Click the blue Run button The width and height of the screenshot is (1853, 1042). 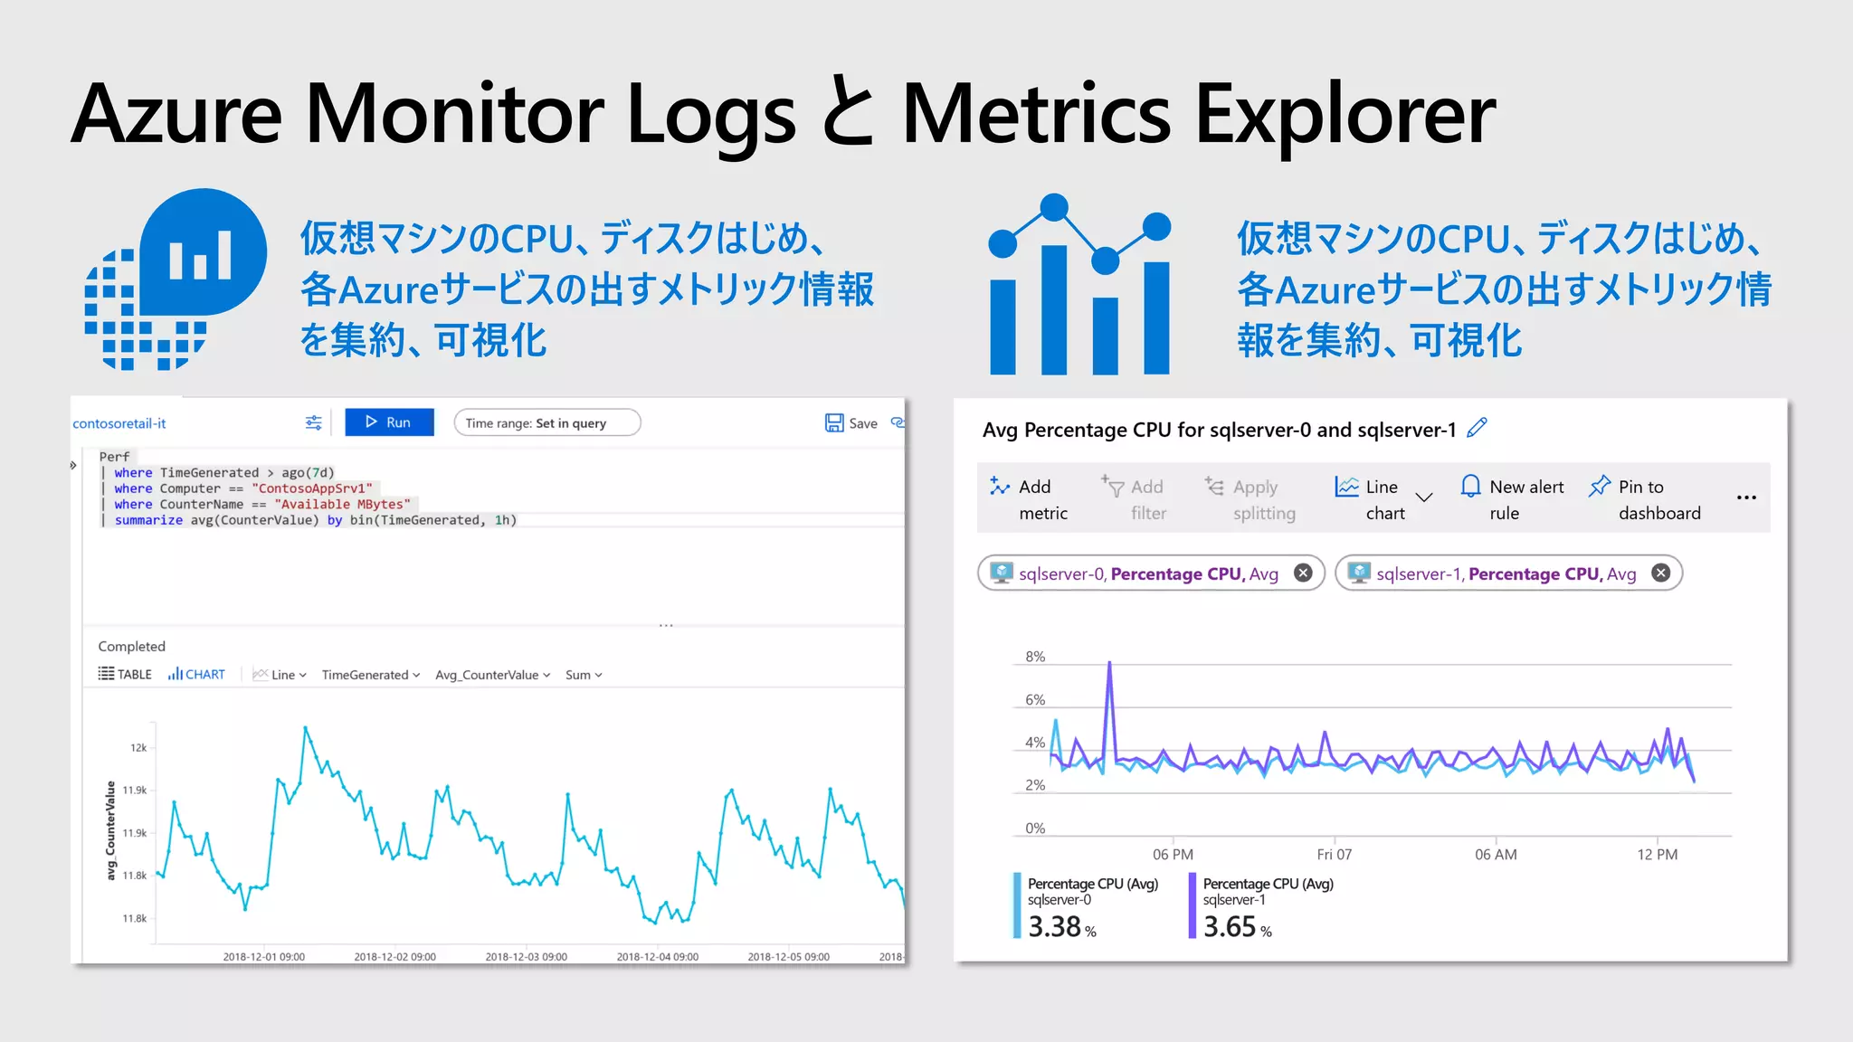[389, 422]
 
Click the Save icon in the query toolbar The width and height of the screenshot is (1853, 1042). [833, 422]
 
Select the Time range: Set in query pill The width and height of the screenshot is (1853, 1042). [546, 422]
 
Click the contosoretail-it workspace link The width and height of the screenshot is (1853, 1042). [119, 423]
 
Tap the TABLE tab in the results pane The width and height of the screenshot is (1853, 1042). [125, 675]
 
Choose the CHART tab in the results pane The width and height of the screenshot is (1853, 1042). [196, 675]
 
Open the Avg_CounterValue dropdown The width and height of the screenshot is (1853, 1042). [492, 675]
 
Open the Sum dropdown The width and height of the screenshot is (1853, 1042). [584, 675]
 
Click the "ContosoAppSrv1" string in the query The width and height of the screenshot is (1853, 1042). [312, 488]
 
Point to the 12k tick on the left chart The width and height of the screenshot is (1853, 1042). [138, 748]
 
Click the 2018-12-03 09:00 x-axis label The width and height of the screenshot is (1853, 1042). [526, 957]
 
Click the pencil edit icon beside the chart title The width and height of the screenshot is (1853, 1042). [1477, 428]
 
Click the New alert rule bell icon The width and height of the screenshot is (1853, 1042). [1471, 487]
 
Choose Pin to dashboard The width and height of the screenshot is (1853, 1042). [1645, 499]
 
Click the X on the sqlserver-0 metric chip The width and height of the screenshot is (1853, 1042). [1303, 573]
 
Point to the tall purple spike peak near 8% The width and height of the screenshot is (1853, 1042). [1109, 665]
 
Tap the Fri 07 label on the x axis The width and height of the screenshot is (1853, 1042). [1334, 855]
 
